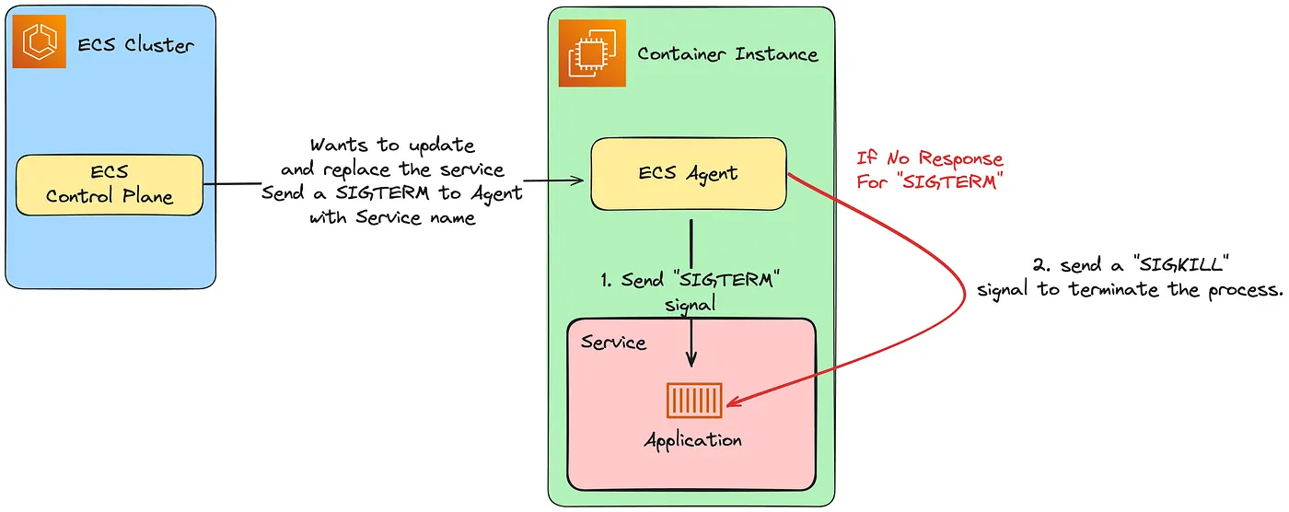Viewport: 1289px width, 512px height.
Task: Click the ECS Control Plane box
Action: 109,184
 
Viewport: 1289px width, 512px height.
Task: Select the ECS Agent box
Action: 688,173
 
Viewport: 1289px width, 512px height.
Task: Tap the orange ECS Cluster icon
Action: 39,41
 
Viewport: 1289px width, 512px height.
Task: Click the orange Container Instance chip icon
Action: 586,53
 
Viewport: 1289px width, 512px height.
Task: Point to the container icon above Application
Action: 694,401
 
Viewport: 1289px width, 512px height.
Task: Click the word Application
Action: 692,440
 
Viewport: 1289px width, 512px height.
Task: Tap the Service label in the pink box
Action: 614,343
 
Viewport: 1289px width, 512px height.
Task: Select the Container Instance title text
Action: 727,53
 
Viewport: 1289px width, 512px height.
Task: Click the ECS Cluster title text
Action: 134,43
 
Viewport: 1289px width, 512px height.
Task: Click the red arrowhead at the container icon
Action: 733,402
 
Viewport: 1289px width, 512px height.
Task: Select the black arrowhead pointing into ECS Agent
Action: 581,181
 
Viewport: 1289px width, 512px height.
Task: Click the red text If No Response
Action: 930,159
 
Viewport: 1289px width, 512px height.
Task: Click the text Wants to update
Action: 392,145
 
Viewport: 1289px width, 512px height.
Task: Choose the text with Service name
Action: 392,218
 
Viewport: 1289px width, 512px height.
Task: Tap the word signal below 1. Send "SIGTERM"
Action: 690,303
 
